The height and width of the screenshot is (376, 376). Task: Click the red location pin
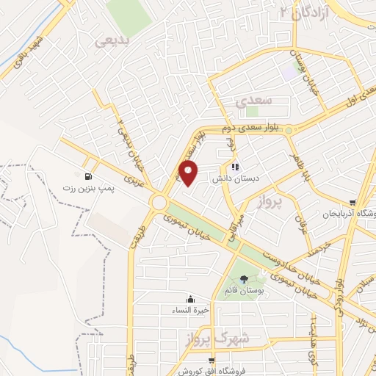189,173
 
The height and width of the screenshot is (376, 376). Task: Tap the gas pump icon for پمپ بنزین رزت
89,176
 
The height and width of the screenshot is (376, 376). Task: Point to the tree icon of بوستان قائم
244,278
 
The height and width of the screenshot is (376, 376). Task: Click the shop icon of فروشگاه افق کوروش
211,360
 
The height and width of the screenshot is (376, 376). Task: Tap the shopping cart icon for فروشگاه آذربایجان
352,203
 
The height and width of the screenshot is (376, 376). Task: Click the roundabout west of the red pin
159,201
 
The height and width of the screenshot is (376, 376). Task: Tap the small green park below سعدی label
252,112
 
